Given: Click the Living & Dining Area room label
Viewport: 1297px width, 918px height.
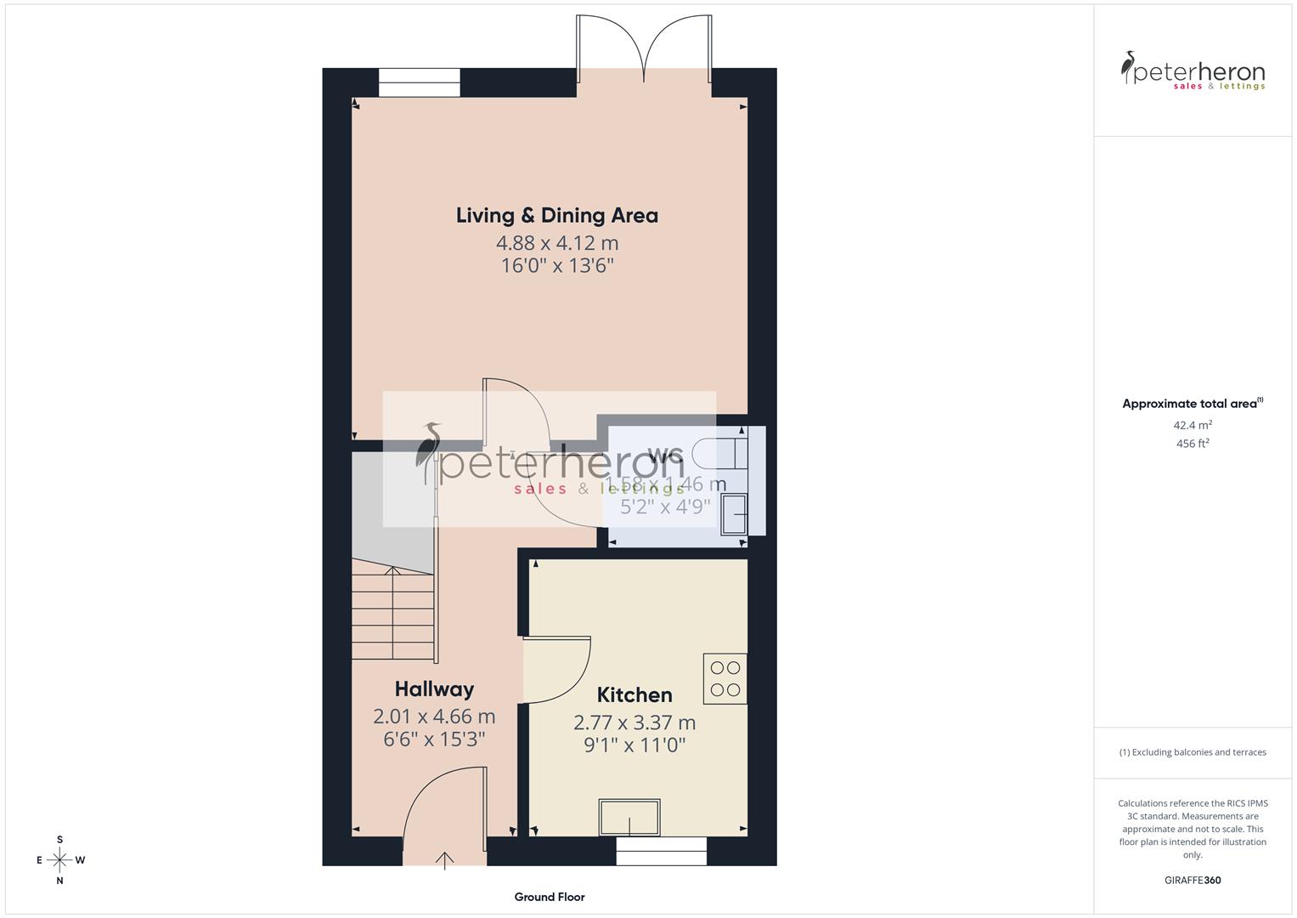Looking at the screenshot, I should tap(556, 216).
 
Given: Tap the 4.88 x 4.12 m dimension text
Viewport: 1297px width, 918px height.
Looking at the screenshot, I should tap(556, 243).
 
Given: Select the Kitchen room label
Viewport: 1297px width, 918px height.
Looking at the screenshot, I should tap(634, 695).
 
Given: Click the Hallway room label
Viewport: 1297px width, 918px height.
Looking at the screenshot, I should tap(434, 689).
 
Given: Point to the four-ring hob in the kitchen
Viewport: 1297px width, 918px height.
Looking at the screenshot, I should tap(725, 678).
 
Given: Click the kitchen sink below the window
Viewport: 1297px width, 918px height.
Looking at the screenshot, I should tap(629, 817).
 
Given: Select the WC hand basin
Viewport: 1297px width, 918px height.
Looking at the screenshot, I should tap(734, 514).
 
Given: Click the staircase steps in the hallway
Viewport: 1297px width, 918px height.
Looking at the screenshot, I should tap(393, 615).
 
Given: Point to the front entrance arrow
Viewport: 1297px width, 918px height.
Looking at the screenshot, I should tap(445, 859).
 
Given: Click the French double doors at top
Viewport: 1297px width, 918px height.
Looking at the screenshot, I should tap(645, 51).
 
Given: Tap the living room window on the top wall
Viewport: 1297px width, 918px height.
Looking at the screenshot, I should tap(419, 82).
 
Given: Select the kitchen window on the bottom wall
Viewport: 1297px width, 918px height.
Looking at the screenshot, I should tap(661, 851).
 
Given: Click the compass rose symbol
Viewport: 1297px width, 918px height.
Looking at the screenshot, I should tap(59, 860).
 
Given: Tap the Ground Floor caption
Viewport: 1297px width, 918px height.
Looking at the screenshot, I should tap(549, 897).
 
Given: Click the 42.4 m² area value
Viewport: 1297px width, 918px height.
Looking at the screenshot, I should tap(1192, 425).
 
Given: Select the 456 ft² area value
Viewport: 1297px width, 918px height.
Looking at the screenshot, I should tap(1192, 444).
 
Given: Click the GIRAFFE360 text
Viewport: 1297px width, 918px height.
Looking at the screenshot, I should tap(1192, 881).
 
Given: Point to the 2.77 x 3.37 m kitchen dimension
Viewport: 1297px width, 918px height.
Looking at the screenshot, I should tap(634, 723).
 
